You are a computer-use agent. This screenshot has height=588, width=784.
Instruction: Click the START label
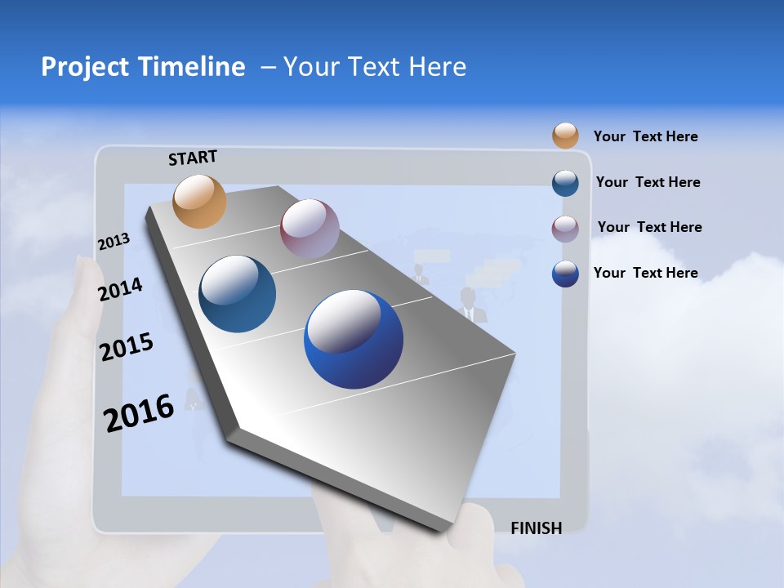[193, 158]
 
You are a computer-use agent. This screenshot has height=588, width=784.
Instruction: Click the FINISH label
[537, 528]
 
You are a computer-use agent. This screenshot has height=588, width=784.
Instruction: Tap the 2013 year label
[114, 242]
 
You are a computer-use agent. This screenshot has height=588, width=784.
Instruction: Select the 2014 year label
[120, 290]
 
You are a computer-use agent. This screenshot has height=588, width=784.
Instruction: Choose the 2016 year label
[139, 412]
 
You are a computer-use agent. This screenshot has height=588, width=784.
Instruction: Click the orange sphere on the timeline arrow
[199, 201]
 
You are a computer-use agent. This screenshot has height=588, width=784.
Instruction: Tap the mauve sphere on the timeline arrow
[310, 229]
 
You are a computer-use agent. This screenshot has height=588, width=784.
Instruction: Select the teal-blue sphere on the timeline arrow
[237, 294]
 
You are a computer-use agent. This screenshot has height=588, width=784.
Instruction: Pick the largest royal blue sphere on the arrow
[354, 339]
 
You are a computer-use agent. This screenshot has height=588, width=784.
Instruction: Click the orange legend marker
[565, 136]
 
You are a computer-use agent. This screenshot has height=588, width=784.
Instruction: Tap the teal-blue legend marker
[565, 183]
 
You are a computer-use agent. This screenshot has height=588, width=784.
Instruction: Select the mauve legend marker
[565, 229]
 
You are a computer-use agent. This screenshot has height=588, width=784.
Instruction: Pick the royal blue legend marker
[565, 274]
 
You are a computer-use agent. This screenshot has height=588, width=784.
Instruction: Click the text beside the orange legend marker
[645, 136]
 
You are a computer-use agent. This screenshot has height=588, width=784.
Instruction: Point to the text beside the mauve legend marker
[649, 227]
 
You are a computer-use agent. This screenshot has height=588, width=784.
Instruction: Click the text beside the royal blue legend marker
[645, 273]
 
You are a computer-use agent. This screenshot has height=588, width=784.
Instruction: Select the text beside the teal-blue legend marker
[648, 182]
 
